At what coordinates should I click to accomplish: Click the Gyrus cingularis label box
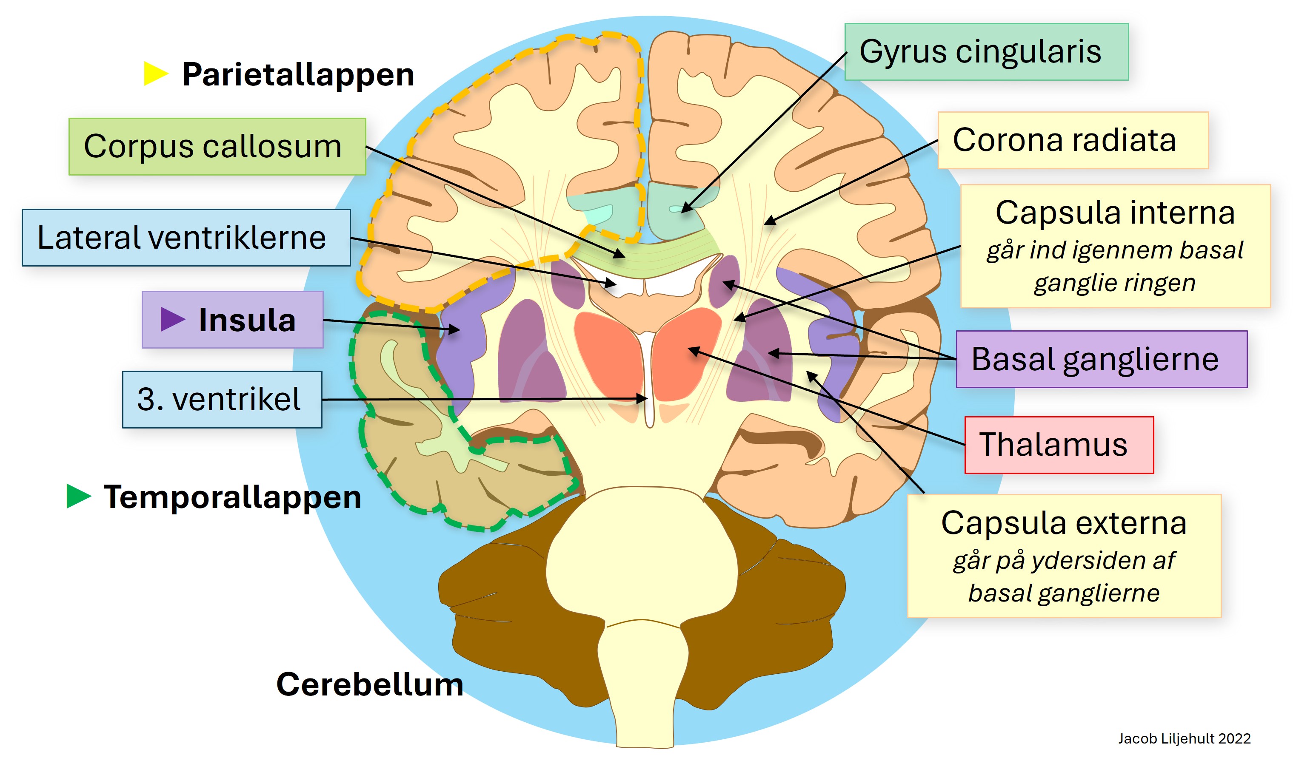(986, 52)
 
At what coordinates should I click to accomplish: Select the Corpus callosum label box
(217, 147)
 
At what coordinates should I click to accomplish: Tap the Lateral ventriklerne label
(186, 238)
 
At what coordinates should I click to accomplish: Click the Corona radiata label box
(1072, 140)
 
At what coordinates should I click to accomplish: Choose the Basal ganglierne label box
(1102, 359)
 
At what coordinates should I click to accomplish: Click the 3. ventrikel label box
(222, 400)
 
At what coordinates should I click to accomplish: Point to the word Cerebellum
(370, 684)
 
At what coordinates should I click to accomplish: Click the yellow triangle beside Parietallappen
(156, 74)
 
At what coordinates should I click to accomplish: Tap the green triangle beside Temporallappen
(79, 496)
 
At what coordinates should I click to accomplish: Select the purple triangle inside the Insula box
(173, 319)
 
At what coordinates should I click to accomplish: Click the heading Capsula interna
(1115, 213)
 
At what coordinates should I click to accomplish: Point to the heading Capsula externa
(1064, 523)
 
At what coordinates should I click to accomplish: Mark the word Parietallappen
(298, 75)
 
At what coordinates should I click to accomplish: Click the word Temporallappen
(232, 497)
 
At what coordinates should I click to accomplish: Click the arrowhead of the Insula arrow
(455, 329)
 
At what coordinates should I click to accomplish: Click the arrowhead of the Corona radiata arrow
(769, 221)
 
